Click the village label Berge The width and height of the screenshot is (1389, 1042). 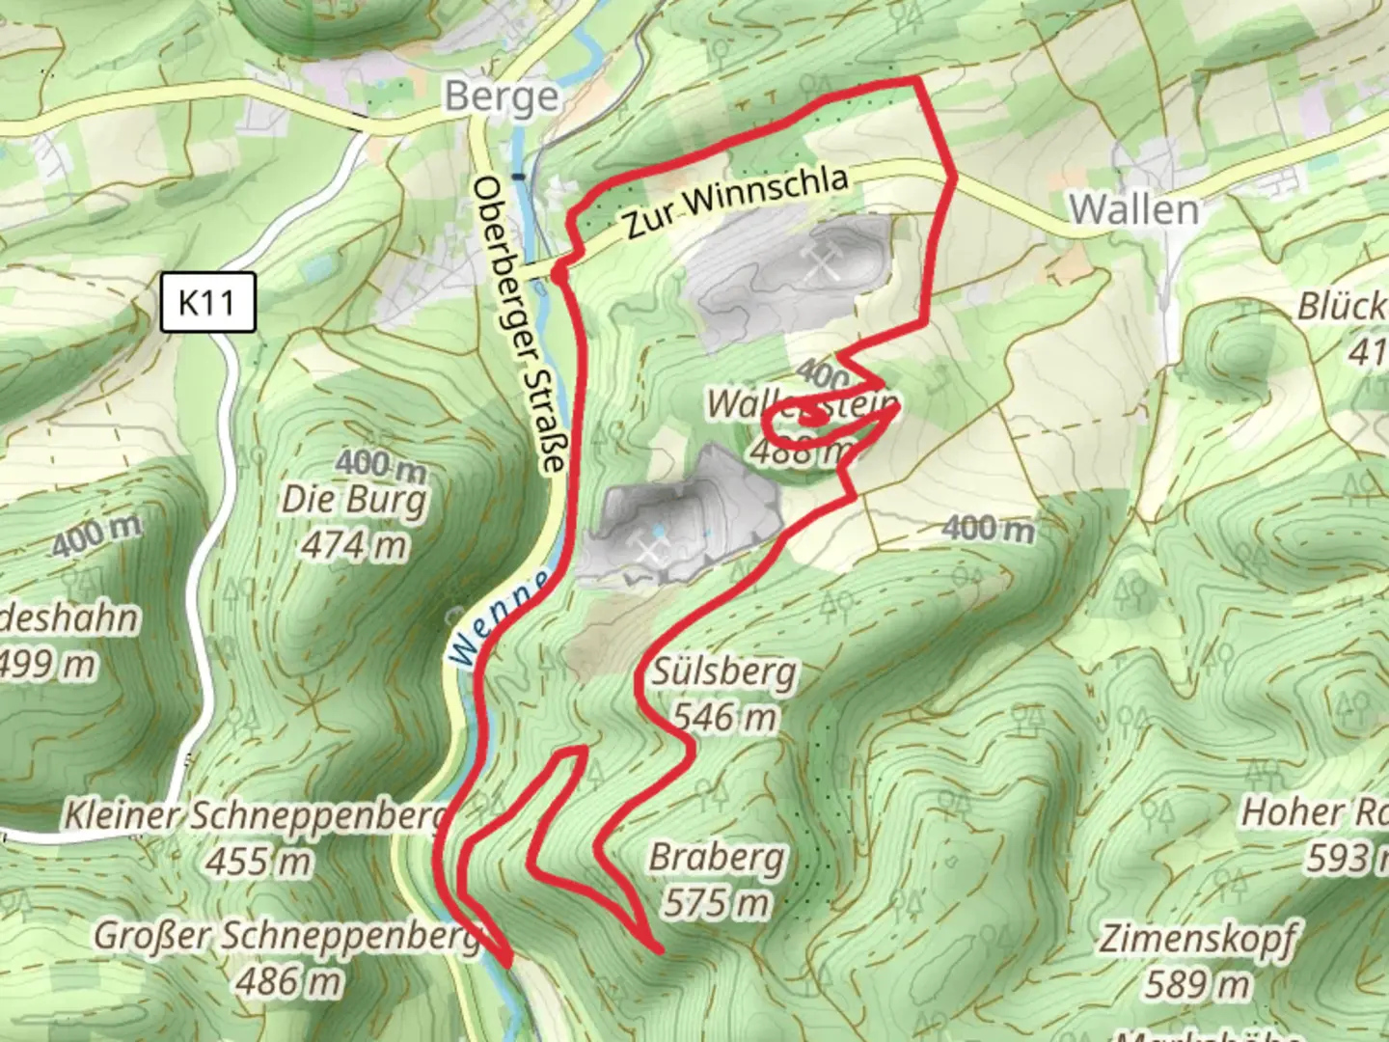[502, 97]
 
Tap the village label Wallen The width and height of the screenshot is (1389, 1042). [1133, 209]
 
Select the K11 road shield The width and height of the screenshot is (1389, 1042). [207, 302]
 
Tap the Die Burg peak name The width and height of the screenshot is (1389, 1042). [353, 501]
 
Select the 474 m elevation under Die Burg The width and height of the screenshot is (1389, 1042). [353, 546]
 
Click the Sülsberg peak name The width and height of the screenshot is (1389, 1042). [724, 672]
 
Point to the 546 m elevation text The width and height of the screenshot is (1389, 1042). [724, 717]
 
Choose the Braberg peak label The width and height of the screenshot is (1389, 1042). [717, 857]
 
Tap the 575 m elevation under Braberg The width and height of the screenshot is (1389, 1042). [717, 903]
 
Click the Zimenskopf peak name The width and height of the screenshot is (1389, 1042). [1198, 938]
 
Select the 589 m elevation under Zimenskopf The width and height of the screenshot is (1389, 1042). [1198, 984]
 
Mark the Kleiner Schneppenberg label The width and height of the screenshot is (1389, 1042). [256, 815]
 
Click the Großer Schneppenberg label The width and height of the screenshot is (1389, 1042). [286, 936]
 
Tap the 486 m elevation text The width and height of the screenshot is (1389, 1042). [288, 982]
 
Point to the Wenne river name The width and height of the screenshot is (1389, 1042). [499, 618]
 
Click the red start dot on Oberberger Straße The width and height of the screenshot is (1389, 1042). [558, 276]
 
